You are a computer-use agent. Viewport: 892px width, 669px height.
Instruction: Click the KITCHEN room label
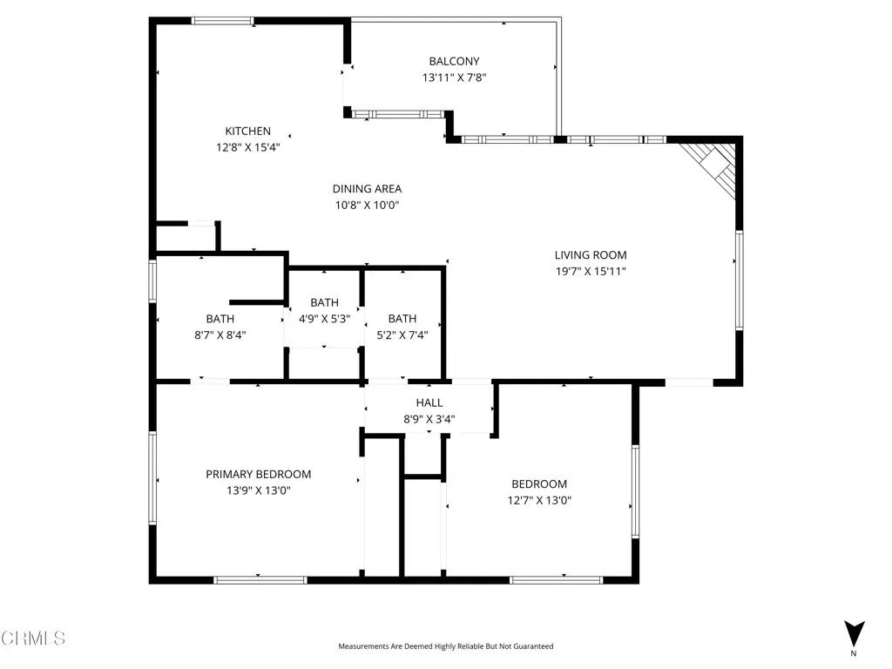247,131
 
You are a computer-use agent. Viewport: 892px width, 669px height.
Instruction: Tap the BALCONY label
454,61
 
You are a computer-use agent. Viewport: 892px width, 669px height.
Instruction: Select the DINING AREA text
367,188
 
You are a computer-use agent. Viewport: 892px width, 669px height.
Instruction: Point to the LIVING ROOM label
591,255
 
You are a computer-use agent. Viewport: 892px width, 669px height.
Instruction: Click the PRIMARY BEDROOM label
258,474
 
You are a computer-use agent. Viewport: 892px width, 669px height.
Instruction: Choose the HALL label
429,402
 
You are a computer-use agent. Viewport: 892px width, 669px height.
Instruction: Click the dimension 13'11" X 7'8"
454,78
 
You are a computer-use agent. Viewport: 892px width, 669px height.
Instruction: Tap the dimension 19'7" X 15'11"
591,272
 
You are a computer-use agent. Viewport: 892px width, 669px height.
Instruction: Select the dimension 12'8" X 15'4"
247,147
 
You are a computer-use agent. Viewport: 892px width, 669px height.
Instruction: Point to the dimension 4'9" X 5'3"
324,319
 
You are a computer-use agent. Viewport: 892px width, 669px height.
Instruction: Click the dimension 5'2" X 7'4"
402,335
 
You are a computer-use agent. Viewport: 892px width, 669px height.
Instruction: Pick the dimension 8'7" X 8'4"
220,335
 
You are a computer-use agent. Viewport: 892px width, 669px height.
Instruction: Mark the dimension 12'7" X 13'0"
539,501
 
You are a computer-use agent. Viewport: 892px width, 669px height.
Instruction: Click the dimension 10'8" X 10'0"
367,205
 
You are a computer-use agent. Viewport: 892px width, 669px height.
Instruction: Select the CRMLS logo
33,639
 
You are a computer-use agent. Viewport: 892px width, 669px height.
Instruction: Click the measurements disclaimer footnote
445,646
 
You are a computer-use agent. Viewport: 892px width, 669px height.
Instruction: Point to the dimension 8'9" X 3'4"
429,419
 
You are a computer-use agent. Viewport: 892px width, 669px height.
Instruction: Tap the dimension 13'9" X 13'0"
258,490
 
